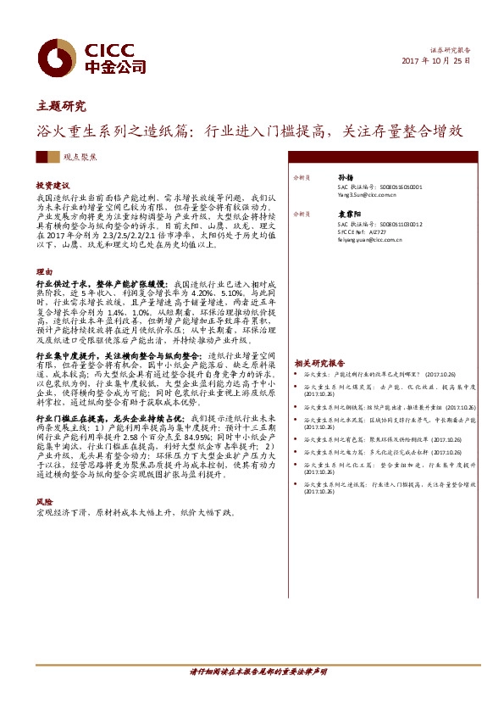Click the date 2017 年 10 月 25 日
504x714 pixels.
point(434,62)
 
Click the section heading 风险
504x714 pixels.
point(43,502)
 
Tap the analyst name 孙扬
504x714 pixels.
point(346,178)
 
